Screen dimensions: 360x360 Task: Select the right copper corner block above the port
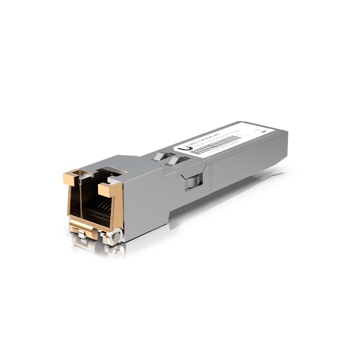[x=108, y=187]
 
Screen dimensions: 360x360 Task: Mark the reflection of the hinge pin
[x=116, y=250]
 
